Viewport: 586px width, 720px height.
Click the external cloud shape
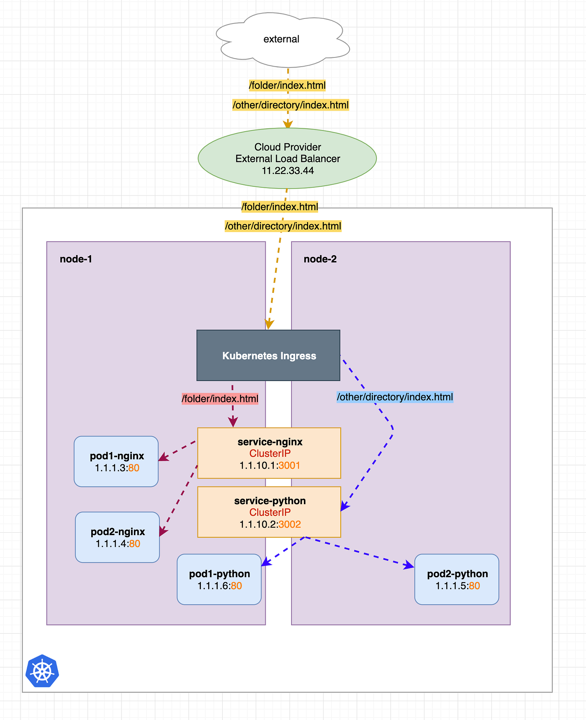tap(282, 40)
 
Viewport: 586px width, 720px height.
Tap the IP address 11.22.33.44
tap(288, 171)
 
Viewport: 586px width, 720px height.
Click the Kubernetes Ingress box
tap(268, 355)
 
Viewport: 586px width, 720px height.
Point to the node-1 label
tap(76, 259)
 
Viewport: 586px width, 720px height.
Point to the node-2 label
tap(320, 259)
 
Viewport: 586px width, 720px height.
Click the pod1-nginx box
tap(116, 461)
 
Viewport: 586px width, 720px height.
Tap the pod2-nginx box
tap(117, 537)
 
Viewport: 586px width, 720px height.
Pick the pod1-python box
tap(219, 579)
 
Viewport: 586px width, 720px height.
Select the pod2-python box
tap(457, 579)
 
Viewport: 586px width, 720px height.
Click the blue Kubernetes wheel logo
tap(42, 671)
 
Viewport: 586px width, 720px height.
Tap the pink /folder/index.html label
tap(220, 399)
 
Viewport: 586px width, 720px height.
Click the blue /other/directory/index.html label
tap(395, 397)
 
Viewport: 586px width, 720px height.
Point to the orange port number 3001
tap(289, 466)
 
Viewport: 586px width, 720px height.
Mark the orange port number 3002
tap(290, 525)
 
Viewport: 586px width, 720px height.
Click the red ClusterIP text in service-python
tap(270, 513)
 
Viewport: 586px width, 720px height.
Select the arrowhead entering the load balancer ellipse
tap(288, 124)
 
